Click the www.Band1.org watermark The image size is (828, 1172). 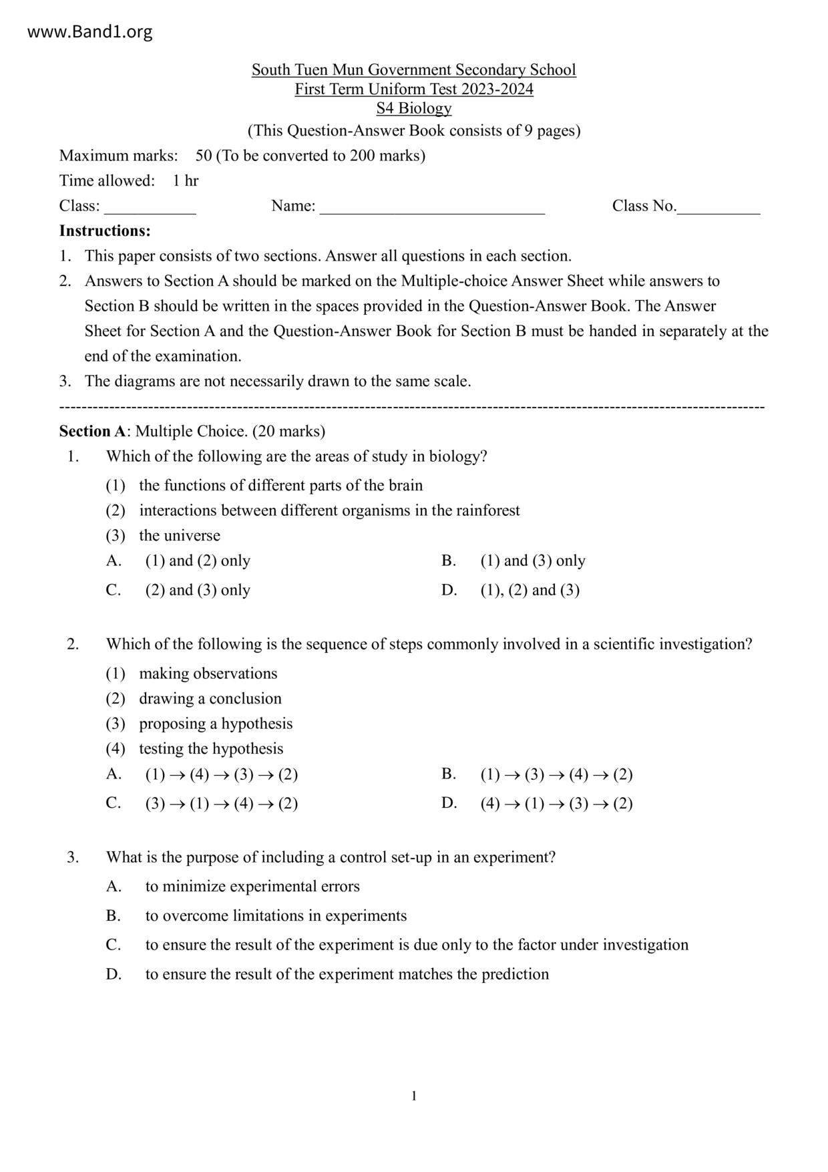[x=89, y=32]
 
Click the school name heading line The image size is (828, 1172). [x=413, y=69]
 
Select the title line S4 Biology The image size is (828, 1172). [x=413, y=108]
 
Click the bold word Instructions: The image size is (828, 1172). [x=105, y=231]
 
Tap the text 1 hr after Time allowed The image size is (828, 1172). [x=185, y=180]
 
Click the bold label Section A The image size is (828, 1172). [x=92, y=431]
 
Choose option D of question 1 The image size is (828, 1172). [x=529, y=590]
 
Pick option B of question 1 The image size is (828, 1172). [x=532, y=561]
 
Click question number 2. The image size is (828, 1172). [x=73, y=644]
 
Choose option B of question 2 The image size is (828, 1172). [x=556, y=774]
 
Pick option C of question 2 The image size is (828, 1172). [x=221, y=803]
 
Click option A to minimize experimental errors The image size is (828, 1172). [x=252, y=887]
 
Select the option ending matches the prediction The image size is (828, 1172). [x=347, y=974]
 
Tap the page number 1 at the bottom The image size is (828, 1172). [x=414, y=1096]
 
